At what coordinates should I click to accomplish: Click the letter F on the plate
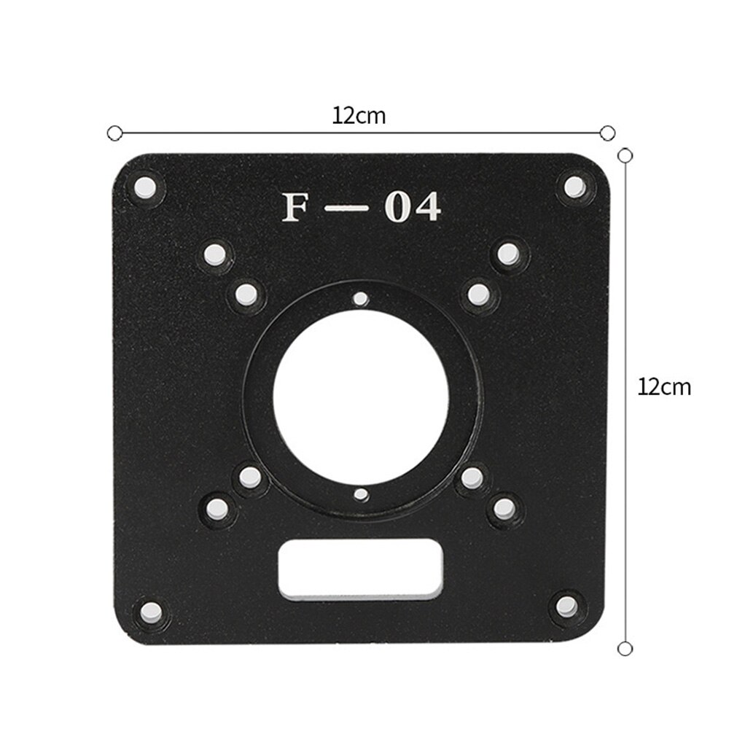tap(296, 208)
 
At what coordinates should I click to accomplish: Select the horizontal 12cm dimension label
tap(359, 115)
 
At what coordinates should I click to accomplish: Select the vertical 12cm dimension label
tap(663, 386)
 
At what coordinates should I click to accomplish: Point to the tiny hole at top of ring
tap(359, 297)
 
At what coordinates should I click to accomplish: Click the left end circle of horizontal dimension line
tap(113, 133)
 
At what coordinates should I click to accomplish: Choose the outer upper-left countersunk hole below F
tap(214, 254)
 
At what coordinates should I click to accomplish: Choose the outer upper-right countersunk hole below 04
tap(508, 254)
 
